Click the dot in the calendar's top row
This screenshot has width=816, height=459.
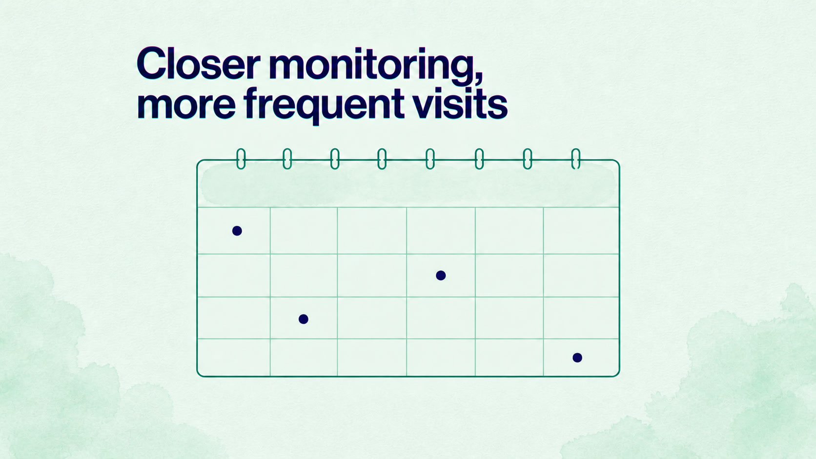[237, 231]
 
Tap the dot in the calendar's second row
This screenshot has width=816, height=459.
[441, 276]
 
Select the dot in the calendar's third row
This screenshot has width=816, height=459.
[304, 319]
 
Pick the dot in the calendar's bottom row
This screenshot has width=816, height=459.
[577, 358]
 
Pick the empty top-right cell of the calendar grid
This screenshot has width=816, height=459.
[581, 231]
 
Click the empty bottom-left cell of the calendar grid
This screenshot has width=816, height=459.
[234, 358]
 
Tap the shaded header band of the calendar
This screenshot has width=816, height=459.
[408, 184]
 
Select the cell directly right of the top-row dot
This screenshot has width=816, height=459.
[304, 231]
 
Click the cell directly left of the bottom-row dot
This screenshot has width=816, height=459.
[510, 358]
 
